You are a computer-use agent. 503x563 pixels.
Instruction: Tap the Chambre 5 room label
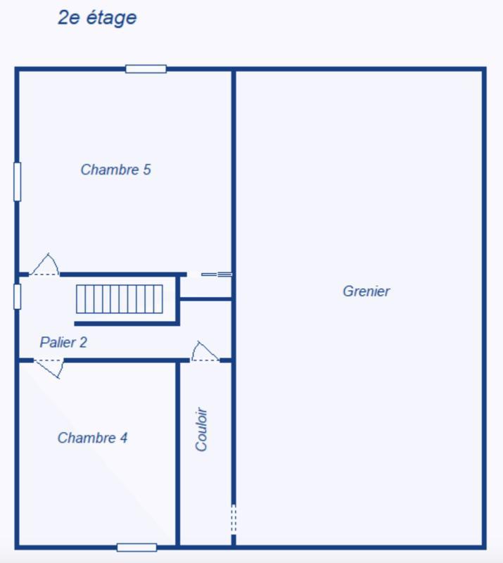116,170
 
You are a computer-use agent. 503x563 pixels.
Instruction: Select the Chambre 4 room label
92,438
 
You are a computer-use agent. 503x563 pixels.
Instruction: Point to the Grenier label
367,291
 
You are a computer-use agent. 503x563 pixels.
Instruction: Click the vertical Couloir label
203,429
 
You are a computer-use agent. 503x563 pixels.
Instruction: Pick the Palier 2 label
63,343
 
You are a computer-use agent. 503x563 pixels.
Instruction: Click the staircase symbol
120,299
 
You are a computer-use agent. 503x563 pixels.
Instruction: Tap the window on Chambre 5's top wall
146,69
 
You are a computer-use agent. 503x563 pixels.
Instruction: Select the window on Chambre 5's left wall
18,182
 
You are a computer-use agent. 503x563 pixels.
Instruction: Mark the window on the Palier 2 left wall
18,296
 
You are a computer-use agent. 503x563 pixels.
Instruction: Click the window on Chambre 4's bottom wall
136,547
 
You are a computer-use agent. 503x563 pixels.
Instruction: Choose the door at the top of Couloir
205,353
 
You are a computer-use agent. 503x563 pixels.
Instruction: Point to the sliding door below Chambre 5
216,274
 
